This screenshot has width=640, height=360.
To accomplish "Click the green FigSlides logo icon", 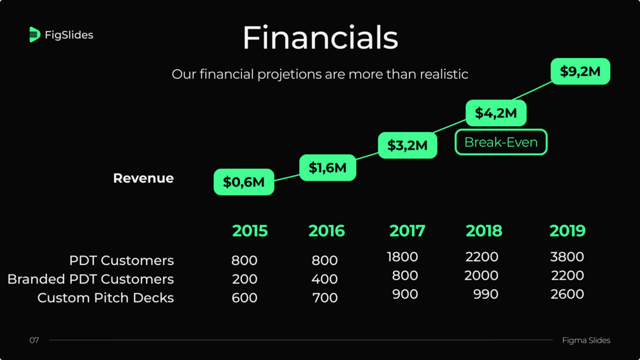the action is [x=34, y=34].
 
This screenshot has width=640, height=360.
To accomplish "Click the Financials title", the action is [x=320, y=38].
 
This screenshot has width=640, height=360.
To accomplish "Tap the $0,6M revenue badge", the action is [x=244, y=182].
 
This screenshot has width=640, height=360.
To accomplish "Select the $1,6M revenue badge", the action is [x=327, y=168].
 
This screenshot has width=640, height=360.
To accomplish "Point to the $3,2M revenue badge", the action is [x=408, y=145].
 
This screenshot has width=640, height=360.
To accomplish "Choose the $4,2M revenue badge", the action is [x=496, y=113].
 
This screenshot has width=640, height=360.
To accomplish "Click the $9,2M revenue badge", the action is [x=580, y=71].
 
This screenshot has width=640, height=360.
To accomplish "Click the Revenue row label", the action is [x=143, y=178].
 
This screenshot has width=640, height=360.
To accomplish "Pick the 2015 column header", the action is [x=250, y=231].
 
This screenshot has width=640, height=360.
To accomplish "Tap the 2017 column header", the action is [x=407, y=231].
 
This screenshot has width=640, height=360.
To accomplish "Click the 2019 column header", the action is [x=567, y=231].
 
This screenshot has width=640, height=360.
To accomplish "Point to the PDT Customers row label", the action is [x=121, y=260].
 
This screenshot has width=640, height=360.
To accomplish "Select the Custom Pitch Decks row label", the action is [x=105, y=298].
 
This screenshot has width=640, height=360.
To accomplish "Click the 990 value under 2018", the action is [x=486, y=294].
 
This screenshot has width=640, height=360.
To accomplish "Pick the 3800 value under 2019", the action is [x=567, y=256].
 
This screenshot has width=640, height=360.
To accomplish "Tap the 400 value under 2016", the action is [x=325, y=279].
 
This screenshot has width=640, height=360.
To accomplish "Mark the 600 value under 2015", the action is [x=245, y=298].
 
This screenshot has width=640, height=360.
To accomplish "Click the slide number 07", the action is [x=34, y=340].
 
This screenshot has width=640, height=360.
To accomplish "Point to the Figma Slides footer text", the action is [x=586, y=340].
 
